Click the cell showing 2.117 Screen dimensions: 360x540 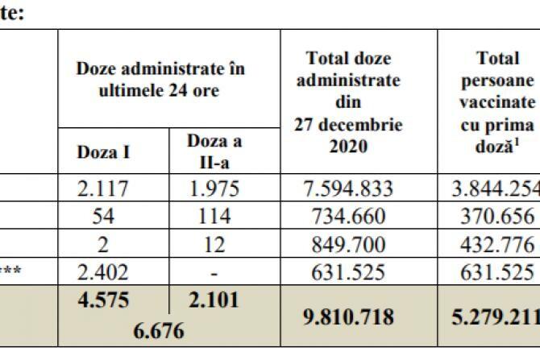pyautogui.click(x=113, y=189)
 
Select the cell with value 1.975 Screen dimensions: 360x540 pyautogui.click(x=214, y=189)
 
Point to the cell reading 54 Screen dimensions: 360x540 pyautogui.click(x=113, y=216)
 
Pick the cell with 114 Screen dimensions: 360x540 pyautogui.click(x=214, y=216)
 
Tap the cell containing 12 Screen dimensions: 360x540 pyautogui.click(x=214, y=243)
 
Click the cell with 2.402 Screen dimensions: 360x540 pyautogui.click(x=113, y=271)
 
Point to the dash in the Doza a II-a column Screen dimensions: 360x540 pyautogui.click(x=214, y=271)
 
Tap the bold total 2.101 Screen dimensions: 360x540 pyautogui.click(x=214, y=298)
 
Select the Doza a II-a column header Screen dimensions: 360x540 pyautogui.click(x=214, y=150)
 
